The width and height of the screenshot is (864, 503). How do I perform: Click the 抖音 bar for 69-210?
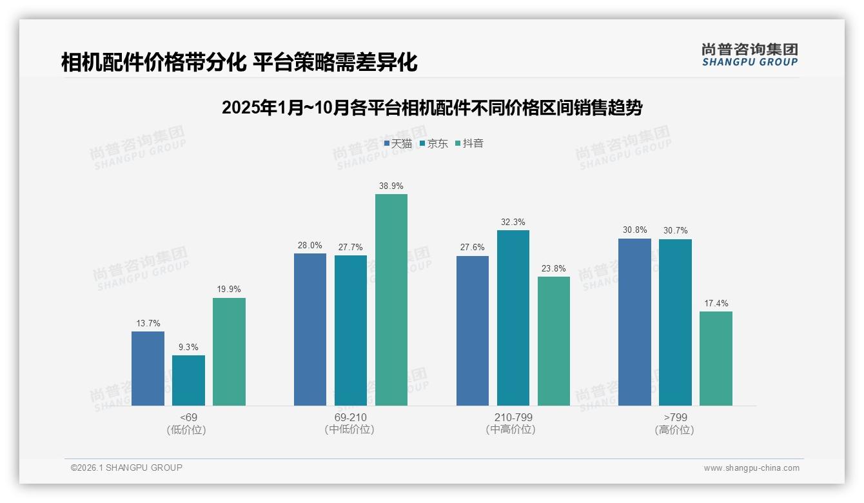(x=391, y=300)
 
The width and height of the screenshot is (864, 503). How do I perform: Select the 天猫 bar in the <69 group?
(x=148, y=368)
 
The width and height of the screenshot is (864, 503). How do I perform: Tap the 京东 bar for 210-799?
(x=513, y=318)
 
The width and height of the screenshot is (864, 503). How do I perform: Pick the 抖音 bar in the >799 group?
(x=716, y=359)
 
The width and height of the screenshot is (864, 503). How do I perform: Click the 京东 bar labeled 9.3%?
(x=188, y=380)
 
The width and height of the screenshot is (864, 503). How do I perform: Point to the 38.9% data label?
(x=391, y=186)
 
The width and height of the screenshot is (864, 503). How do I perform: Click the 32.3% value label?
(x=513, y=222)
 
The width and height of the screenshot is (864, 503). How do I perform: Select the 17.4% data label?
(x=716, y=303)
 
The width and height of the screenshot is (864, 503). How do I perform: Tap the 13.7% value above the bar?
(x=148, y=323)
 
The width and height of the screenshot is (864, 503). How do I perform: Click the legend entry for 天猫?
(x=398, y=144)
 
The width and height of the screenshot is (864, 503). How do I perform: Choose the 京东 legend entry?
(x=434, y=144)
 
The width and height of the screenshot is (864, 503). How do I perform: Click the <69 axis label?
(x=188, y=417)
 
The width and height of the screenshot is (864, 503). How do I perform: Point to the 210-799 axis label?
(x=513, y=417)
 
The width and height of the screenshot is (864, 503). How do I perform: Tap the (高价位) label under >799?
(x=674, y=429)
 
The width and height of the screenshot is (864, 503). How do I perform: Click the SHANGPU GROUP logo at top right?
(x=750, y=54)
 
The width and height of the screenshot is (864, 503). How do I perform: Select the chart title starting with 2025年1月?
(x=432, y=108)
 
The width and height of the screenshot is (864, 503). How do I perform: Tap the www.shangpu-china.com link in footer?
(x=751, y=468)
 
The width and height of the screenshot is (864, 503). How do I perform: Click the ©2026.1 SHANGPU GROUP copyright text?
(x=126, y=468)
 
